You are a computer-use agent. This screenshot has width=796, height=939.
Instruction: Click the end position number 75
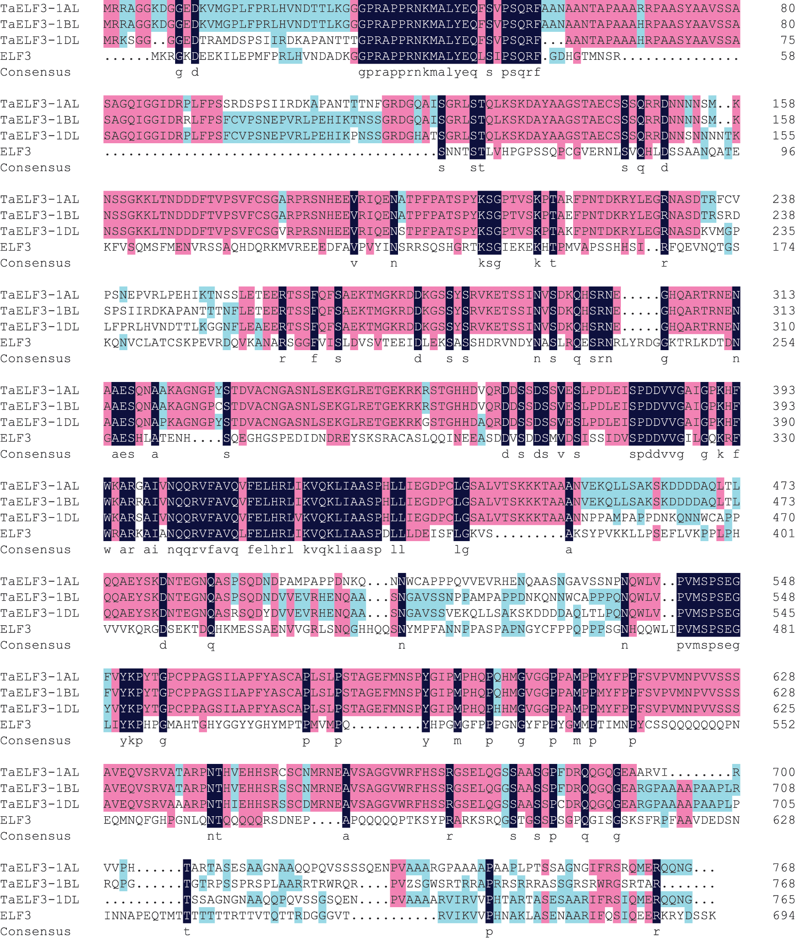pyautogui.click(x=787, y=40)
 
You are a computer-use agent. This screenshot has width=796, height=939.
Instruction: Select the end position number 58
pyautogui.click(x=787, y=56)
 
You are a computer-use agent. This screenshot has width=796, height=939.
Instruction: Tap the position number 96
pyautogui.click(x=787, y=152)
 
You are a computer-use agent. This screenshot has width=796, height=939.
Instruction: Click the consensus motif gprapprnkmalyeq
pyautogui.click(x=418, y=73)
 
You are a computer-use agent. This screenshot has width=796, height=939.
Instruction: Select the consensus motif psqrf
pyautogui.click(x=521, y=73)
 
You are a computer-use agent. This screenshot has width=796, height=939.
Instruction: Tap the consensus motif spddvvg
pyautogui.click(x=656, y=455)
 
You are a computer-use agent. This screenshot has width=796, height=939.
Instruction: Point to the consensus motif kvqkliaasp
pyautogui.click(x=342, y=550)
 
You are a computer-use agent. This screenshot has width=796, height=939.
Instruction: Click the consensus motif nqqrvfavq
pyautogui.click(x=202, y=550)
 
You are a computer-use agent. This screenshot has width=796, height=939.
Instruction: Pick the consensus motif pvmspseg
pyautogui.click(x=708, y=646)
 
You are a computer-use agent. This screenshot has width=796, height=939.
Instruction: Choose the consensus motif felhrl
pyautogui.click(x=270, y=550)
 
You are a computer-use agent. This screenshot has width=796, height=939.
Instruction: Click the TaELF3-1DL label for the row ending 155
pyautogui.click(x=40, y=136)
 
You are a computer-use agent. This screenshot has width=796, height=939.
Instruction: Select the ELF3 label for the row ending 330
pyautogui.click(x=16, y=438)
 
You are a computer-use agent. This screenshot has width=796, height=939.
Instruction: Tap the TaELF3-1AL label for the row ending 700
pyautogui.click(x=40, y=773)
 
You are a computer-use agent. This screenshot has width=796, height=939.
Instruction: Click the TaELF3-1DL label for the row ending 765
pyautogui.click(x=40, y=900)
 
